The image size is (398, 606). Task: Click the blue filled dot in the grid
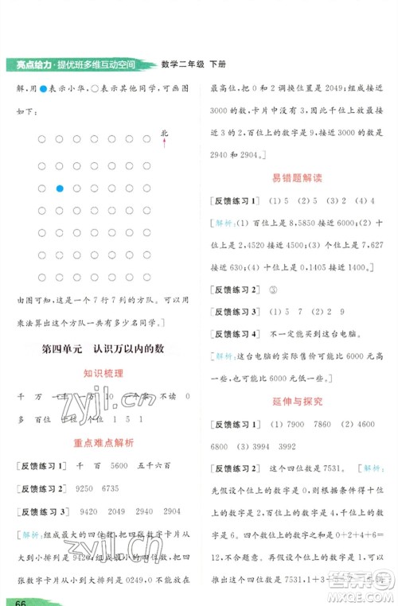coord(60,188)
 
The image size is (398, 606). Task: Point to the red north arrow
coord(165,142)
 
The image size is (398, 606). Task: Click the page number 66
coord(15,599)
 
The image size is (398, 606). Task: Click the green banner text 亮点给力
coord(26,64)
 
